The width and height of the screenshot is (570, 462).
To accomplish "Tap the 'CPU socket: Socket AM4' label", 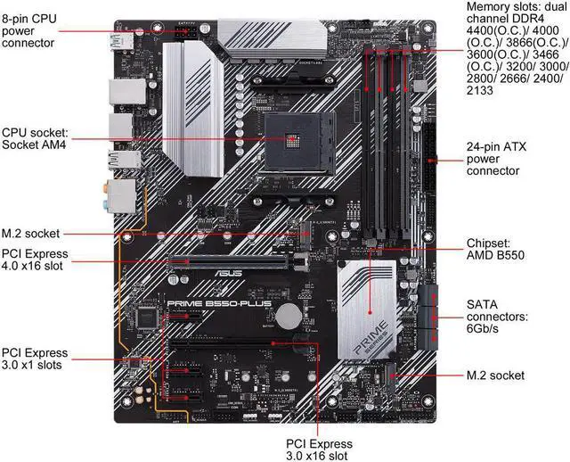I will point(36,137).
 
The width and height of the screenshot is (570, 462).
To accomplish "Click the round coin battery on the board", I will point(291,315).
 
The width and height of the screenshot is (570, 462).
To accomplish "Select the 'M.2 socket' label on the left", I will point(30,234).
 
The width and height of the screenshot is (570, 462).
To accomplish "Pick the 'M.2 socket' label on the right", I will point(496,375).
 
